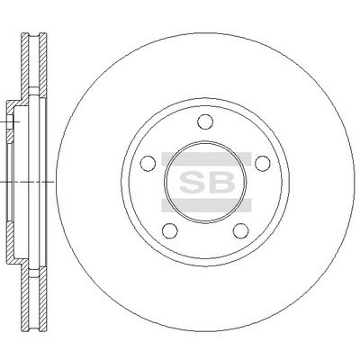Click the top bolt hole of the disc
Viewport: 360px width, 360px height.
[204, 122]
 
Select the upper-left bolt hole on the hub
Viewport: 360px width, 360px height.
[148, 164]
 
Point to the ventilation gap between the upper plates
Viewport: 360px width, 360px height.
[31, 63]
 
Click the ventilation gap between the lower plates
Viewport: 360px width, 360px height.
[31, 297]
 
